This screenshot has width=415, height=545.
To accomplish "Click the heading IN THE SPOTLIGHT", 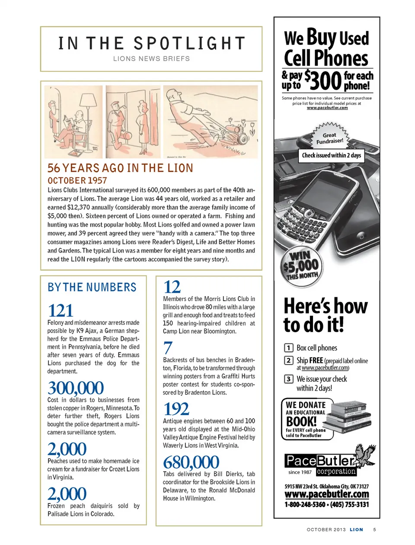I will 151,43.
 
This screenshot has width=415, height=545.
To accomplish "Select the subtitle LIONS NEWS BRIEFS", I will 151,59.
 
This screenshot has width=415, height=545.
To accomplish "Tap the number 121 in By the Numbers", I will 61,311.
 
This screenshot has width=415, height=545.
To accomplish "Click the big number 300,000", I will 76,388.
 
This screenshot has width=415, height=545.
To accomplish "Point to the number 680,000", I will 191,462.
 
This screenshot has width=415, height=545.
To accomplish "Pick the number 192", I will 176,409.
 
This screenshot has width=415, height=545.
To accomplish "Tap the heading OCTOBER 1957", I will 77,180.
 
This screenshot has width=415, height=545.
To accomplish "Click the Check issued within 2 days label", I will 331,155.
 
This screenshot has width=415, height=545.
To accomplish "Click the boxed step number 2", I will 288,360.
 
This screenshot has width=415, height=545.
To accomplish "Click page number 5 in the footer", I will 374,529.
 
